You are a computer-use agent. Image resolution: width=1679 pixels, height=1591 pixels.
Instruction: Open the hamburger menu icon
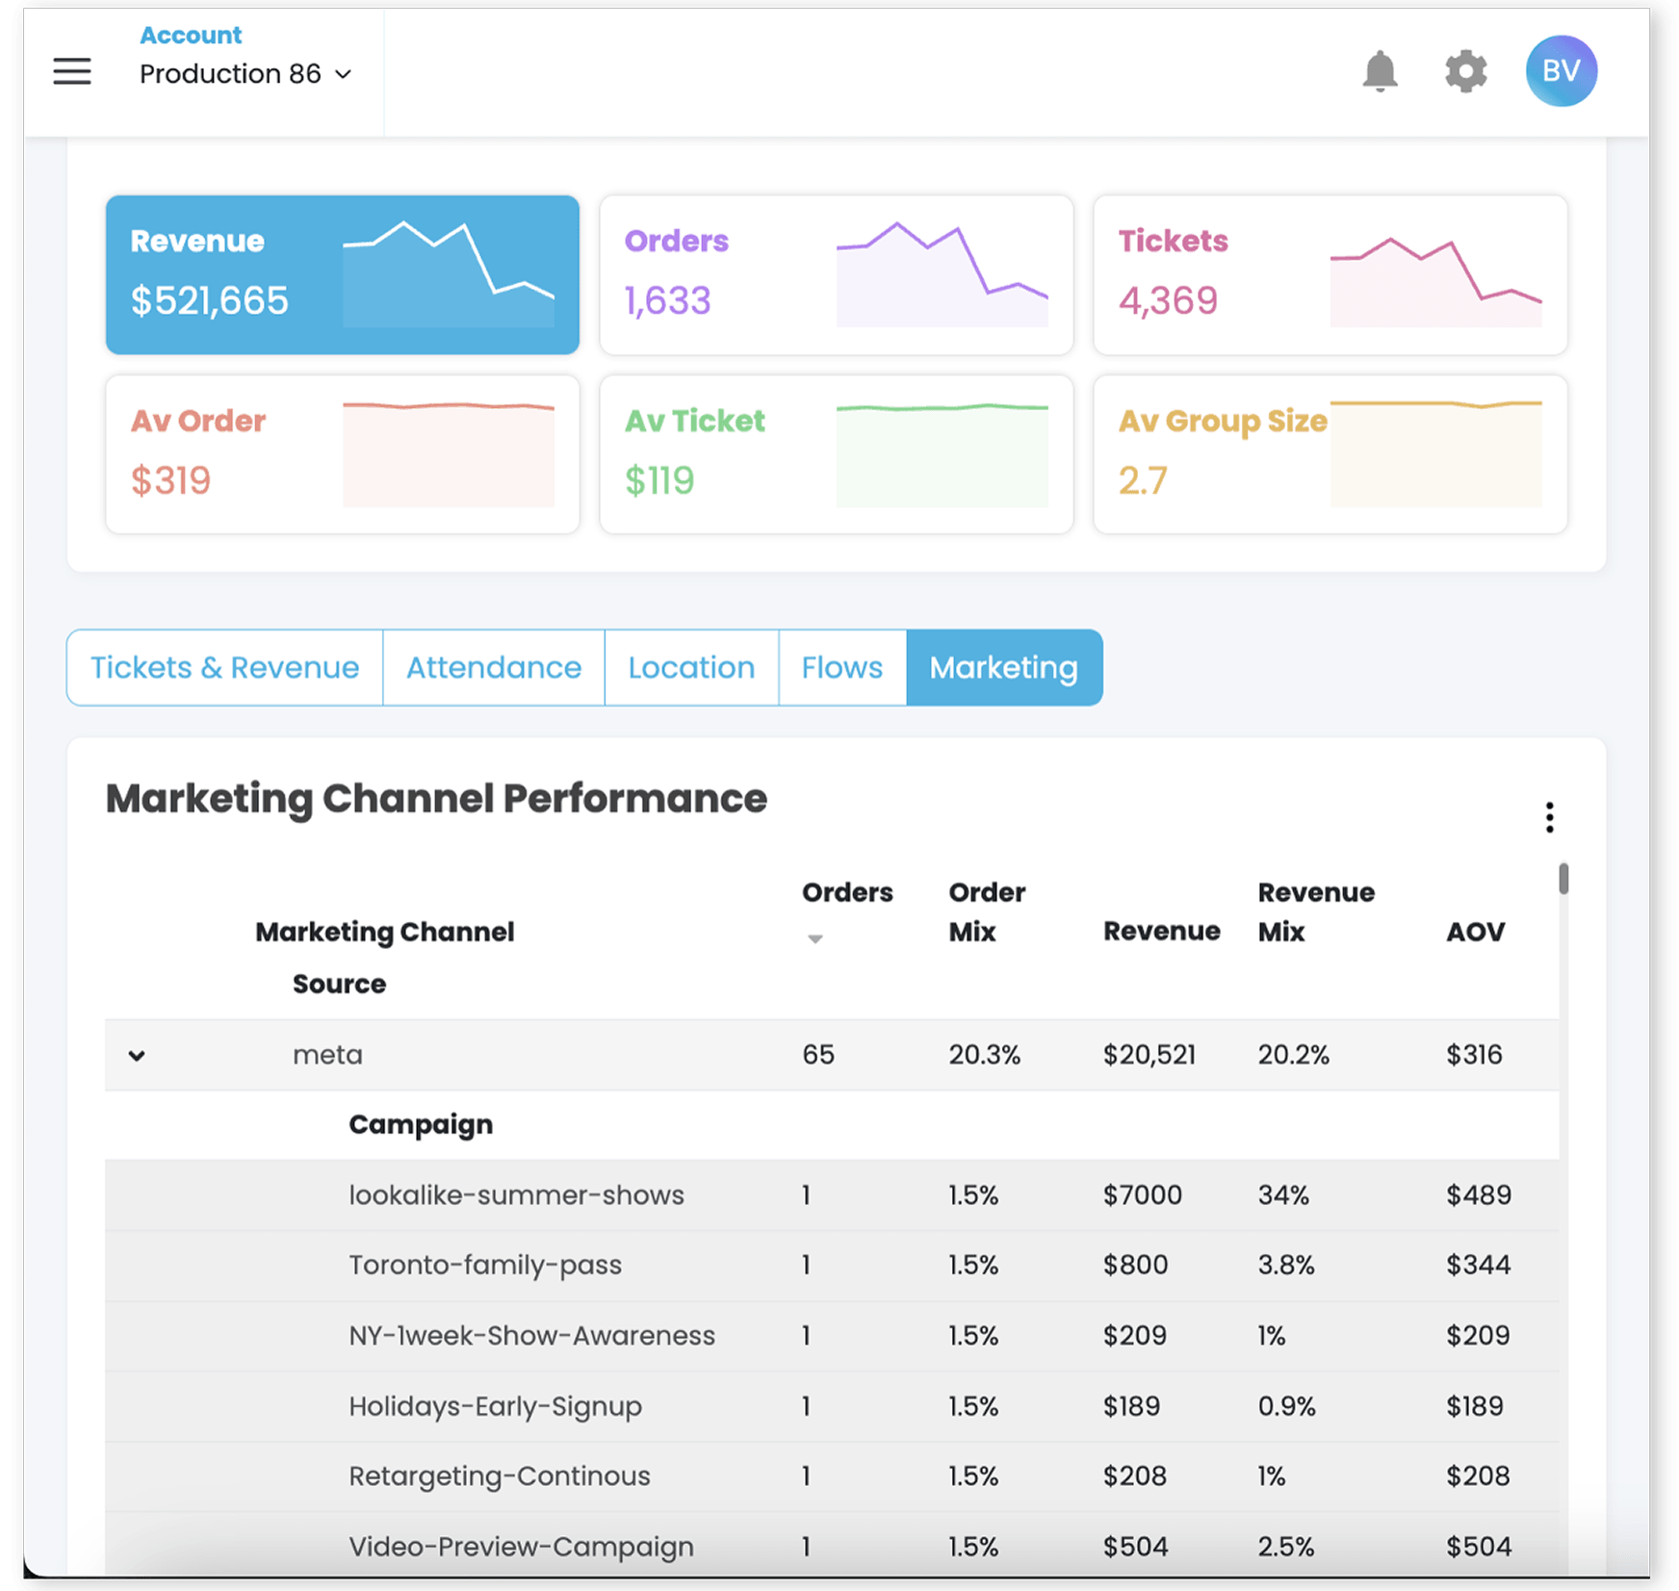pyautogui.click(x=72, y=71)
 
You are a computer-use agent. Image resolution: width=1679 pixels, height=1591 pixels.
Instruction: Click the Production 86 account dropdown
pyautogui.click(x=245, y=74)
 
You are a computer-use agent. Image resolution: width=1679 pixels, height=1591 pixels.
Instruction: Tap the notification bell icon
pyautogui.click(x=1380, y=71)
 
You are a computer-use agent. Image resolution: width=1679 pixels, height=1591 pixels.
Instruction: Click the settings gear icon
pyautogui.click(x=1465, y=71)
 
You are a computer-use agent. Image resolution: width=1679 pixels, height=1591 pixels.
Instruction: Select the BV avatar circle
pyautogui.click(x=1561, y=71)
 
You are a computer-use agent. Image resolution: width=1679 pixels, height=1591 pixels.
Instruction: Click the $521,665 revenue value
pyautogui.click(x=210, y=300)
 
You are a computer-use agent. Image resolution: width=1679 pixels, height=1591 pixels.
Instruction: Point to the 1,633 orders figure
pyautogui.click(x=667, y=300)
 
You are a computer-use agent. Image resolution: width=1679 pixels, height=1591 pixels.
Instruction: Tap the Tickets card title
pyautogui.click(x=1173, y=241)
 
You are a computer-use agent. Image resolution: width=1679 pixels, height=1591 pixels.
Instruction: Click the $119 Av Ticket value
pyautogui.click(x=659, y=479)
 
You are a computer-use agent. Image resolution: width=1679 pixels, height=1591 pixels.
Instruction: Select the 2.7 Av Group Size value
pyautogui.click(x=1143, y=479)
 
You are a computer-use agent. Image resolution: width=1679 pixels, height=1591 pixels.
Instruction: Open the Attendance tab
pyautogui.click(x=494, y=667)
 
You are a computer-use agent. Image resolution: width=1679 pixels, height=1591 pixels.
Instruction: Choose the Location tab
pyautogui.click(x=691, y=667)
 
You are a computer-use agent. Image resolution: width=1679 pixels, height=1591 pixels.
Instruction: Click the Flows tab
pyautogui.click(x=841, y=667)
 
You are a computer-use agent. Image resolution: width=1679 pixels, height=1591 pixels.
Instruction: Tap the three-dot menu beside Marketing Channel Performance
pyautogui.click(x=1549, y=817)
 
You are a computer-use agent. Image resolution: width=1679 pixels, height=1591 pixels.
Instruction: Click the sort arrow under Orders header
pyautogui.click(x=814, y=938)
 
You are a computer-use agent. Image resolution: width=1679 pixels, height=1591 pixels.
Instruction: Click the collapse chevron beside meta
pyautogui.click(x=137, y=1056)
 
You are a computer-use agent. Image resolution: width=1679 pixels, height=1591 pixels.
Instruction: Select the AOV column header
pyautogui.click(x=1475, y=932)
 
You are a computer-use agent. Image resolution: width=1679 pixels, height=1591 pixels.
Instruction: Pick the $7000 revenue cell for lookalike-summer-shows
pyautogui.click(x=1142, y=1194)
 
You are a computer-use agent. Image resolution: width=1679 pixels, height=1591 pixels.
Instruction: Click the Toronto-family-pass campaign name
pyautogui.click(x=485, y=1265)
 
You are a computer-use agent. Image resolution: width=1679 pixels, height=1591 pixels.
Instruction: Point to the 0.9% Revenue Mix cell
pyautogui.click(x=1286, y=1406)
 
